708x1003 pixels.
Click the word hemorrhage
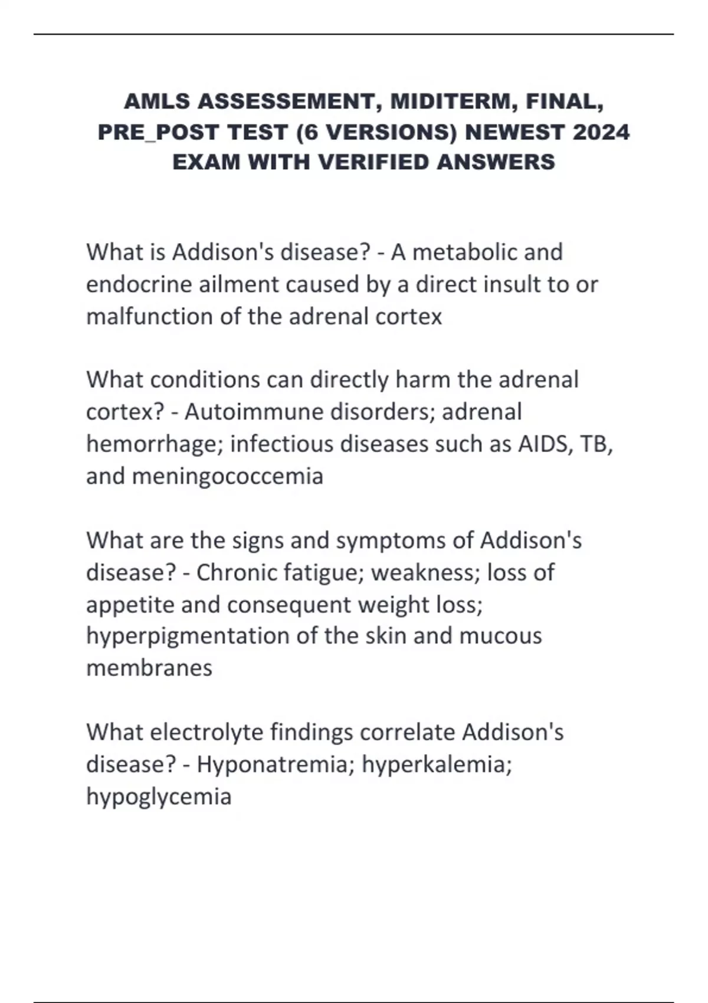[x=153, y=444]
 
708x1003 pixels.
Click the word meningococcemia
[x=228, y=476]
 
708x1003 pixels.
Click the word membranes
[x=149, y=668]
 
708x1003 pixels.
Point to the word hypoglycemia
[x=159, y=796]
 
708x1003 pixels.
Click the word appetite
[x=130, y=605]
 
